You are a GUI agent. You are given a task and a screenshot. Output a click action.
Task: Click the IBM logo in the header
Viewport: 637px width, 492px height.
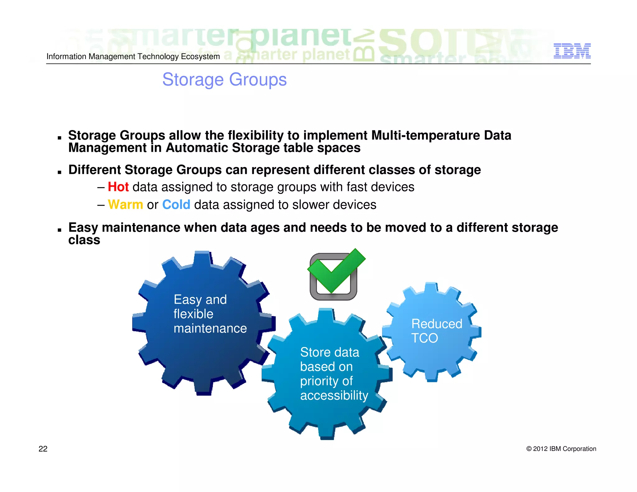(x=572, y=51)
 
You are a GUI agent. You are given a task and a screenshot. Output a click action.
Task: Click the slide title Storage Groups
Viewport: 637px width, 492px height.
(x=224, y=80)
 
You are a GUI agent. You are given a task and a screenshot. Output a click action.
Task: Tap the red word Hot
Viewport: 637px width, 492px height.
(x=118, y=187)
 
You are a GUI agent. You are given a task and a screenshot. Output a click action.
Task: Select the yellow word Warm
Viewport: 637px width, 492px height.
(x=125, y=205)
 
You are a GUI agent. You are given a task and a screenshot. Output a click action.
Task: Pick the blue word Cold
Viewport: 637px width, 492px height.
(x=176, y=205)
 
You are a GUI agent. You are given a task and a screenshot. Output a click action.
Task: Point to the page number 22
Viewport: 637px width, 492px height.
(x=43, y=449)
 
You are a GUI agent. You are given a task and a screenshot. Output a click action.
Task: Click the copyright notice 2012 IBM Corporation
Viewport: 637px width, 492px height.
(x=561, y=449)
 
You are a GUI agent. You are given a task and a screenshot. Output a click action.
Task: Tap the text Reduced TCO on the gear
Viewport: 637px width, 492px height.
(x=436, y=331)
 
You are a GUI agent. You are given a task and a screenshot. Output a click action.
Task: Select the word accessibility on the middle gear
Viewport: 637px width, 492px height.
(x=334, y=395)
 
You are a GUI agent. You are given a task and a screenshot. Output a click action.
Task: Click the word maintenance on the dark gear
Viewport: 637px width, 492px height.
(x=210, y=328)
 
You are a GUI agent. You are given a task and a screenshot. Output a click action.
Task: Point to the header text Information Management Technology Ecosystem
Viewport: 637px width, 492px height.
(x=133, y=57)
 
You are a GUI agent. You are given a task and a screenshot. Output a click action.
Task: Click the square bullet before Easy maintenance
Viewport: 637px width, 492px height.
(x=59, y=230)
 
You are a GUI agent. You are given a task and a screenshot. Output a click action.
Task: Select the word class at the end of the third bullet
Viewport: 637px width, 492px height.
(x=84, y=240)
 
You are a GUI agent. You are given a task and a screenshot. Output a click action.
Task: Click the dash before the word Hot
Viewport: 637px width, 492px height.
(x=100, y=187)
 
